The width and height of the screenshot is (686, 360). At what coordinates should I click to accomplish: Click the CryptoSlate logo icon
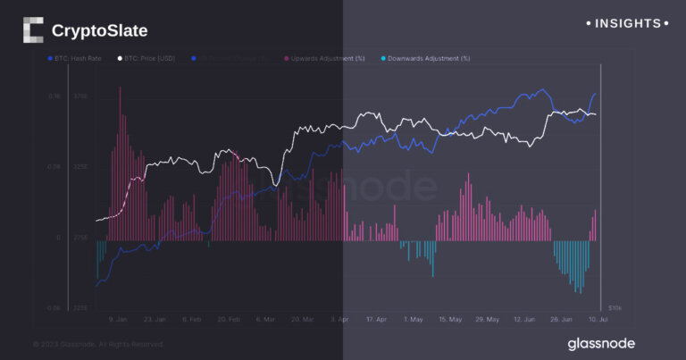coord(32,30)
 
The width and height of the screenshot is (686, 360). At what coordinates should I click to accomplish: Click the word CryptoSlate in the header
coord(99,31)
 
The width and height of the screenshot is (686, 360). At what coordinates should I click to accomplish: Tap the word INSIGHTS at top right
coord(625,23)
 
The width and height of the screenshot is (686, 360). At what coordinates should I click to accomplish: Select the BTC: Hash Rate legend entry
coord(73,58)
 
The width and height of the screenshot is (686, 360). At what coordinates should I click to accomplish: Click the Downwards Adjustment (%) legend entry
coord(428,58)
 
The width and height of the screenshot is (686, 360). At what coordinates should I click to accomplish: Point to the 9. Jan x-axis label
coord(118,319)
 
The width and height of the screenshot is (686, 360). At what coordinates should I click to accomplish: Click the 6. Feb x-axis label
coord(191,319)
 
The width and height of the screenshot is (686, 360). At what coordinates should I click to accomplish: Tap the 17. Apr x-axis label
coord(376,319)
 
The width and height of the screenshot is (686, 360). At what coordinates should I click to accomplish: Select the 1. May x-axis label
coord(413,319)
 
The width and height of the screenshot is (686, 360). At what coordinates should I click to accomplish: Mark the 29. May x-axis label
coord(487,319)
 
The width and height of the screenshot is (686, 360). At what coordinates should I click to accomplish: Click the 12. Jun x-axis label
coord(523,319)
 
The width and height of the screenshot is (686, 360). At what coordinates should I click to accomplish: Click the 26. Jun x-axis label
coord(560,319)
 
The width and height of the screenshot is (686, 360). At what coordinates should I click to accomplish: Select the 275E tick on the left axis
coord(80,239)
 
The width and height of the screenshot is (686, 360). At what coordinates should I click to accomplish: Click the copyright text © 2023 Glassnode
coord(98,344)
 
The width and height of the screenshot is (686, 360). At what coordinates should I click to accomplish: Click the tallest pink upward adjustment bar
coord(121,161)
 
